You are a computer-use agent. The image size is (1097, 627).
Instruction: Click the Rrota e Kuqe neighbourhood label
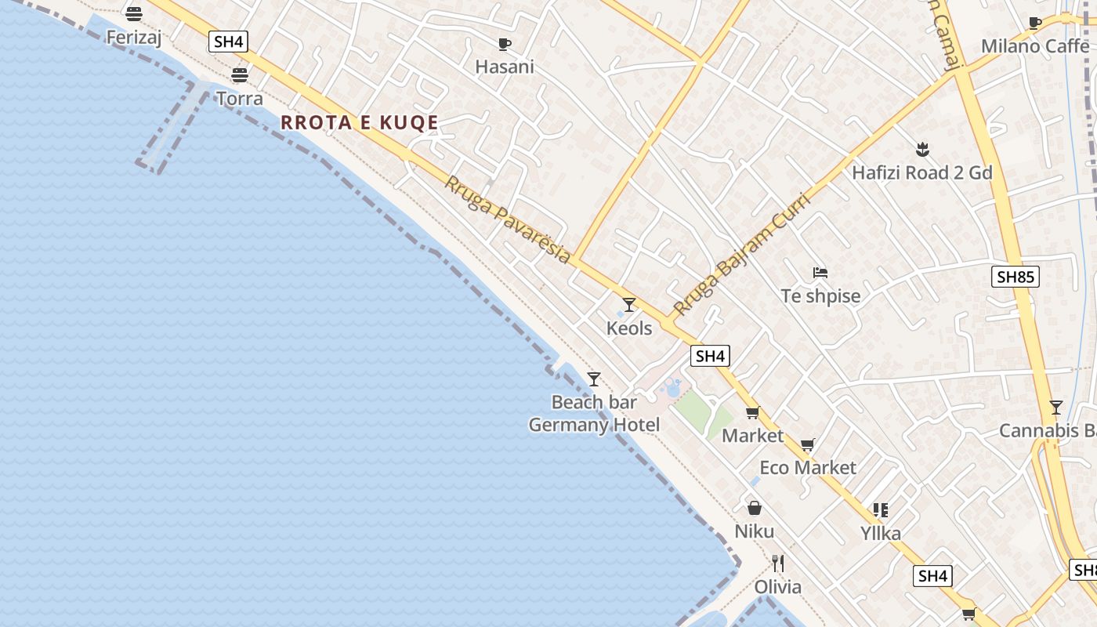359,122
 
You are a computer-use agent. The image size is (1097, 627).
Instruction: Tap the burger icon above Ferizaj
134,13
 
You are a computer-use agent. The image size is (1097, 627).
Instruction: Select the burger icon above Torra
240,74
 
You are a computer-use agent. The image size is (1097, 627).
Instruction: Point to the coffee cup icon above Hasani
505,44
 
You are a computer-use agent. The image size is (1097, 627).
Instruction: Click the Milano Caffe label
1035,46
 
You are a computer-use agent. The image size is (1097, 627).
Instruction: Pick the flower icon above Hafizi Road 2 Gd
922,149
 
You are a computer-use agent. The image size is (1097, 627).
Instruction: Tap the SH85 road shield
1015,276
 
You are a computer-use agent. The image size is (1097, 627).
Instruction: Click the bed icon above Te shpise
820,273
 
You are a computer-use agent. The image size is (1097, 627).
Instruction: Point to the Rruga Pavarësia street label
508,219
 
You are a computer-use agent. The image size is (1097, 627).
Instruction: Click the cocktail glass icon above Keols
628,304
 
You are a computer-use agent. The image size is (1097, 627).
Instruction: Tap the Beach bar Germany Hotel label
594,414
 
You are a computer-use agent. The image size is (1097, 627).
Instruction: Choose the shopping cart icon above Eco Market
808,444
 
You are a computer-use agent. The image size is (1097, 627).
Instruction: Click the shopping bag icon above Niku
754,508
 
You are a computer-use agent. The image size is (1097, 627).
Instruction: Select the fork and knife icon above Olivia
777,564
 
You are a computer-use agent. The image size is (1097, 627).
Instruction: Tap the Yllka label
880,534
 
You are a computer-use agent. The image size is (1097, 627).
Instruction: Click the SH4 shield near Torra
228,42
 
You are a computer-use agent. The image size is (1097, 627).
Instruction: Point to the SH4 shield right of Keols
710,356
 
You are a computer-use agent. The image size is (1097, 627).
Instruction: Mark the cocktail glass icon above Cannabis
1055,408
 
